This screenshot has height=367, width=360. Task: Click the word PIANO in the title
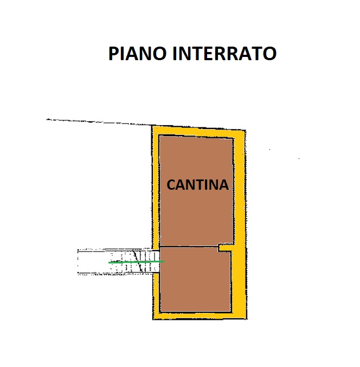point(137,53)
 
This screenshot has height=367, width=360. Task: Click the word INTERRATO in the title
point(224,53)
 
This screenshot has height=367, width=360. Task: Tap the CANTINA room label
point(197,185)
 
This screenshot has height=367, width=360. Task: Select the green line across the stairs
point(136,262)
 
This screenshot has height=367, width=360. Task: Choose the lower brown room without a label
point(195,279)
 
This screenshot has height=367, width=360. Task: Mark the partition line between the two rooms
point(189,246)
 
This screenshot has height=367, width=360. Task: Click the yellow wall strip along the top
point(199,132)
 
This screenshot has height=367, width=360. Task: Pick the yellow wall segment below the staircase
point(156,296)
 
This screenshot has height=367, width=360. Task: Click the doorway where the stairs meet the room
point(158,261)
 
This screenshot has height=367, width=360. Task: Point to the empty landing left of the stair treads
point(93,262)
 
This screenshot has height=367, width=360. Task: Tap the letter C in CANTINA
point(171,185)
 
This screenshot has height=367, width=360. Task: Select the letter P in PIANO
point(113,54)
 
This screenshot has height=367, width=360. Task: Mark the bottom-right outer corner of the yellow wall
point(247,319)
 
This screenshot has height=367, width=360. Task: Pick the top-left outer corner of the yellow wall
point(152,126)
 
